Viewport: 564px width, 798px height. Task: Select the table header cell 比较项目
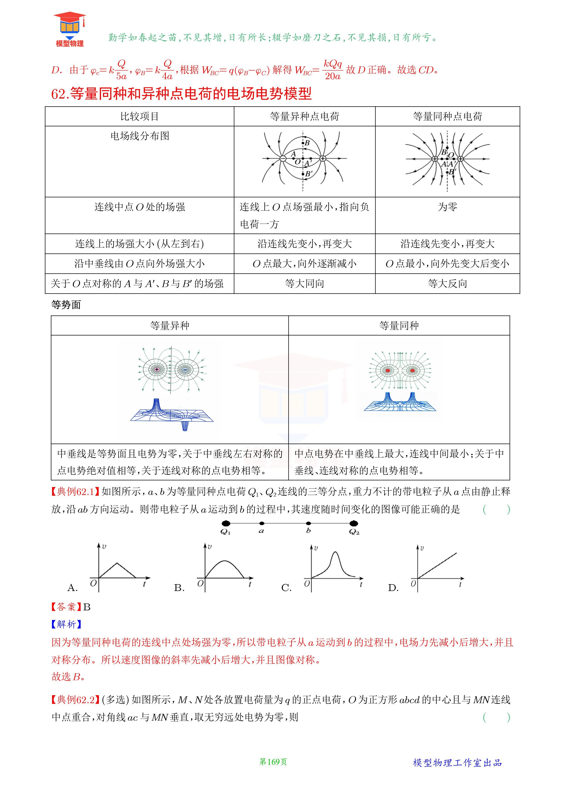click(140, 116)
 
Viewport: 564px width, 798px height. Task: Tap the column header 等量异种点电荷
click(305, 116)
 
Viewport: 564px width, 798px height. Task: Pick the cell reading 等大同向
click(305, 284)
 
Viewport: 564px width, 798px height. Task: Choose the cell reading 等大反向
click(447, 284)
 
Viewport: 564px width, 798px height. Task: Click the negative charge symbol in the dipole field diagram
click(283, 159)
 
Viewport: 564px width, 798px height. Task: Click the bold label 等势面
click(66, 305)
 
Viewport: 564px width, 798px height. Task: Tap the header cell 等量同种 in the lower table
click(399, 326)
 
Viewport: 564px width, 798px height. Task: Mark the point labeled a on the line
click(262, 523)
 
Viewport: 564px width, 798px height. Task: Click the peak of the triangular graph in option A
click(117, 563)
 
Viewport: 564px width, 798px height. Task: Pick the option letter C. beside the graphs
click(286, 588)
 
